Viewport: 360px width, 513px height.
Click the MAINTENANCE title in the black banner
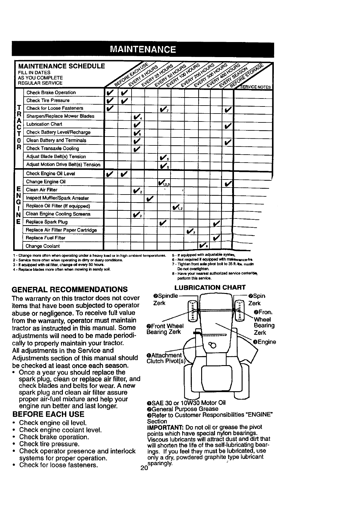(143, 49)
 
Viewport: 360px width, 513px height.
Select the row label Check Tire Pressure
(48, 100)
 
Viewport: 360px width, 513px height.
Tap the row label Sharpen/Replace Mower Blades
(60, 116)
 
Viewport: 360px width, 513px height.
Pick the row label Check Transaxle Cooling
(52, 148)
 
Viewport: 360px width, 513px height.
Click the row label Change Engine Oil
(46, 182)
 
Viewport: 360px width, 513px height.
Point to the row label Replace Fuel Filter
(45, 238)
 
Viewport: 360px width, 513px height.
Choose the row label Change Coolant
(43, 246)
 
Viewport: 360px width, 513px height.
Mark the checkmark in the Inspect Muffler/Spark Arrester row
(149, 199)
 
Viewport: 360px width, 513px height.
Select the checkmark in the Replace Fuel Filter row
(216, 238)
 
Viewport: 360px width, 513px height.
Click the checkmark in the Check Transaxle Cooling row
(136, 149)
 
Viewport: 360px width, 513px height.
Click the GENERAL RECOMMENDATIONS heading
(69, 289)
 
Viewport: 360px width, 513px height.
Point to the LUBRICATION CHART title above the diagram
(210, 287)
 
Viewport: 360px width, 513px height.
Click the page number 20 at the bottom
(143, 468)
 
